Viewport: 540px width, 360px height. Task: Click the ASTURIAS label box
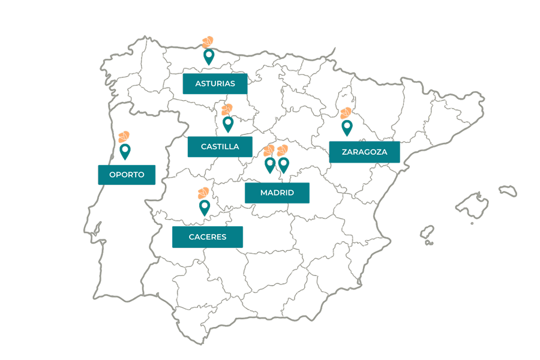point(215,83)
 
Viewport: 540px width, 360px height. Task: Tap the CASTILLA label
point(220,146)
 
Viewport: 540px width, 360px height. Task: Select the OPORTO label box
point(127,175)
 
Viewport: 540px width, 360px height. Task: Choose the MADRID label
point(277,193)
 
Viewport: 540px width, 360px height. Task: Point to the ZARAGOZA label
point(364,152)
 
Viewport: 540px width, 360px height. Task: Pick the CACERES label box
point(207,236)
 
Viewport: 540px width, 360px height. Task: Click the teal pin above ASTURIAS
point(209,57)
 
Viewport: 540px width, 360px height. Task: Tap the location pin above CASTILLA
point(227,124)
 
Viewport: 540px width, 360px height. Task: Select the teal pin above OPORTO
point(125,151)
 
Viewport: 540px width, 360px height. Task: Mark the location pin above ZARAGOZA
point(347,127)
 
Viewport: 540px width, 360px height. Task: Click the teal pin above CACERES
point(205,207)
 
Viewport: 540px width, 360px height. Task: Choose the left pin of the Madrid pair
point(270,164)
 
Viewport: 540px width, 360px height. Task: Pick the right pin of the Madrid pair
point(284,164)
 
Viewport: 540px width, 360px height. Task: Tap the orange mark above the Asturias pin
point(208,41)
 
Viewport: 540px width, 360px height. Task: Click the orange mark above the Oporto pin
point(124,136)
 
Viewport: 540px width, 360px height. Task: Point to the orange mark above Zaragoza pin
point(346,113)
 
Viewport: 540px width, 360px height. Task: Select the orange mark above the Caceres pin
point(203,193)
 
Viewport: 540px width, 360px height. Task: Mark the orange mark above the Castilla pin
point(226,109)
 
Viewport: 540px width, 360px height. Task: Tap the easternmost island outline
point(508,190)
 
